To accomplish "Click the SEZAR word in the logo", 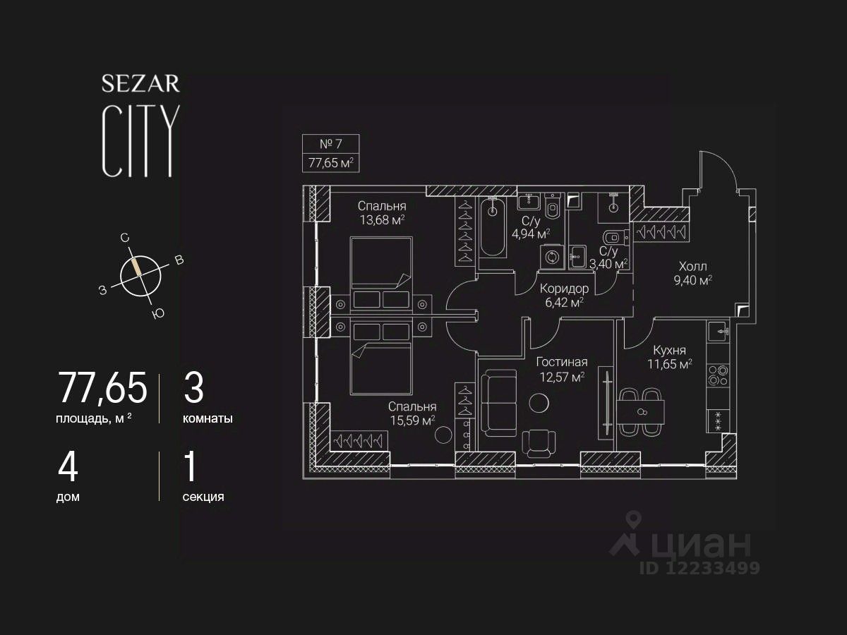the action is click(x=140, y=84).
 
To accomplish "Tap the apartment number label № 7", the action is click(x=330, y=144).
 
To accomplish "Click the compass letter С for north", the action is click(x=125, y=238).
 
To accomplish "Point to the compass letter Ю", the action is click(x=158, y=314).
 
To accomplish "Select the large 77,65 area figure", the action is click(x=102, y=388).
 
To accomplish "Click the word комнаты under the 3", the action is click(x=208, y=418).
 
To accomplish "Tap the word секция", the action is click(x=203, y=497).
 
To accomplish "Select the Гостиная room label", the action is click(x=561, y=362).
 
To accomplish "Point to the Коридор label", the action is click(x=564, y=289).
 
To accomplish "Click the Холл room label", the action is click(x=692, y=267).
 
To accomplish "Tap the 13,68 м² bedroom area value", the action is click(x=381, y=220).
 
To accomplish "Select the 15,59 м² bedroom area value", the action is click(x=412, y=421).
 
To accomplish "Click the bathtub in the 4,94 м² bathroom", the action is click(x=492, y=227).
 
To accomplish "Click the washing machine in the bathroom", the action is click(x=551, y=257).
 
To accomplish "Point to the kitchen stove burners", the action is click(x=719, y=375).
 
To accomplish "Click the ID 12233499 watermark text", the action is click(x=699, y=568).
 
